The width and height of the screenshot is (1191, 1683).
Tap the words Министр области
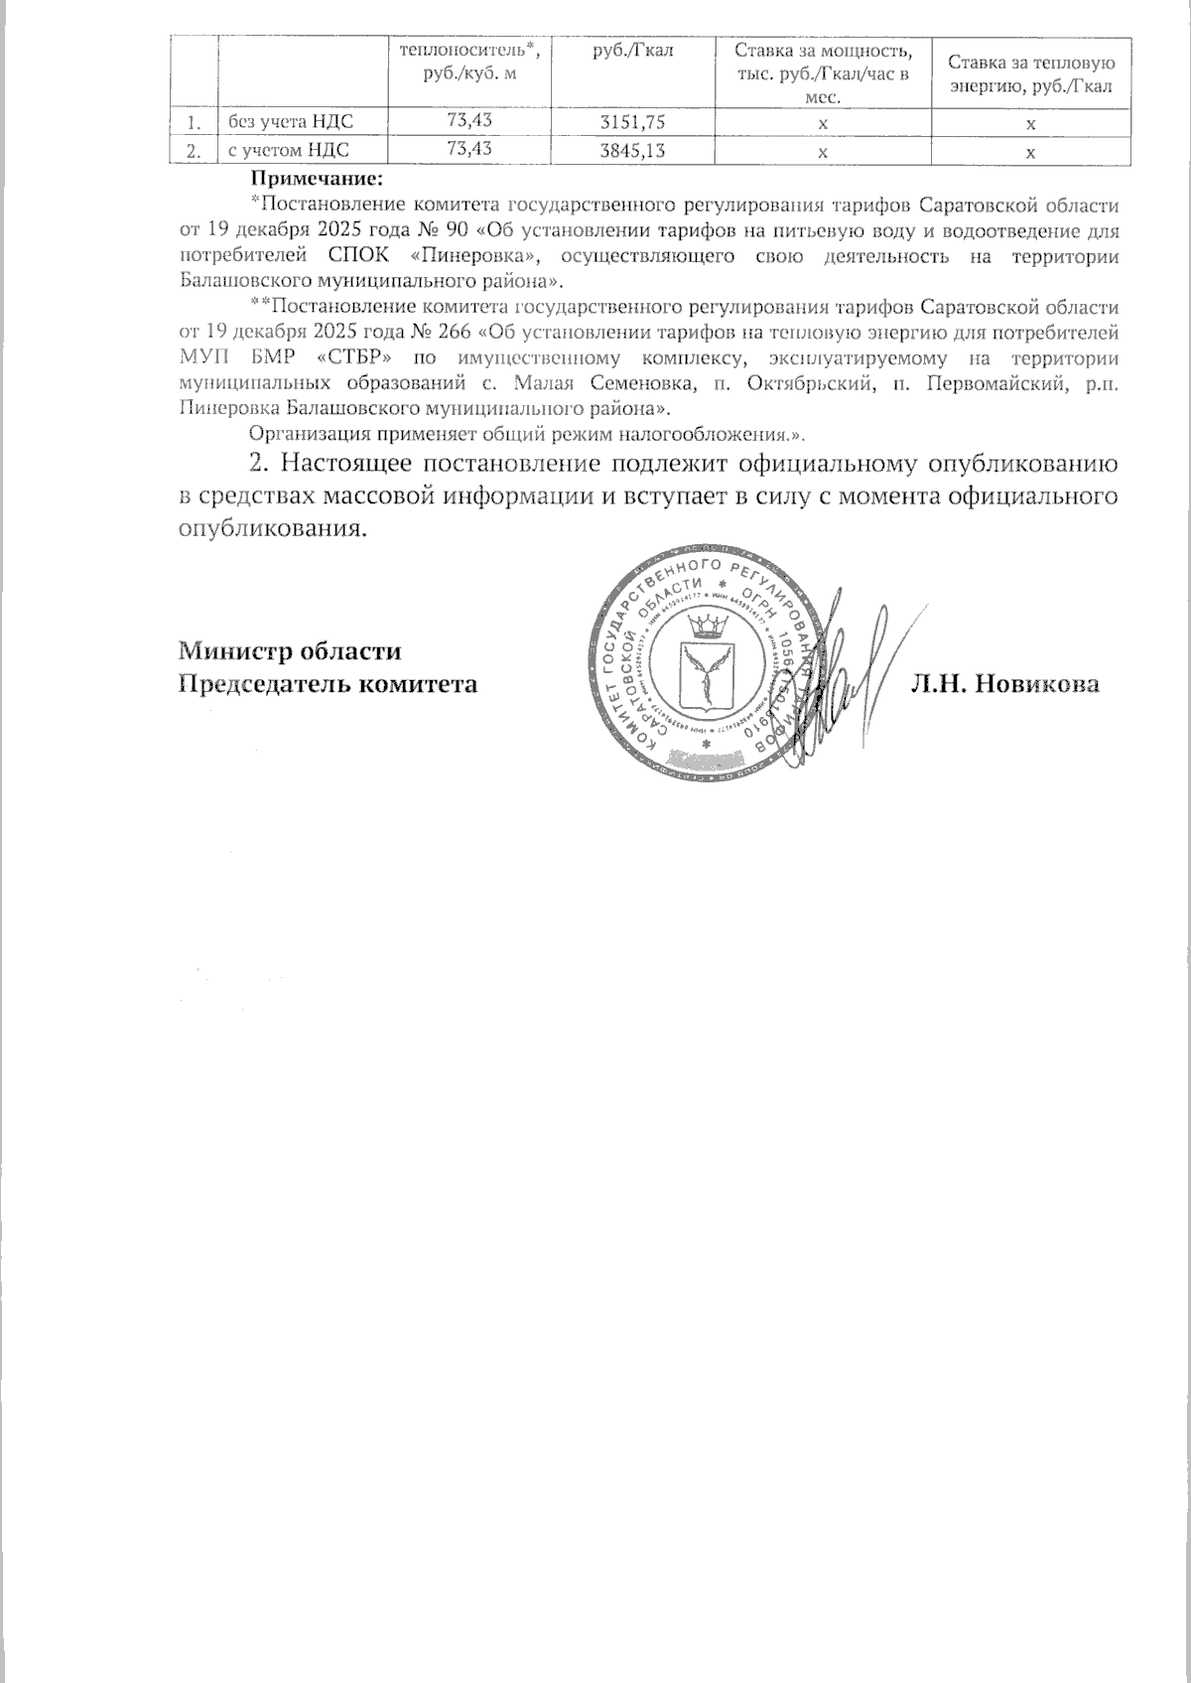pyautogui.click(x=290, y=652)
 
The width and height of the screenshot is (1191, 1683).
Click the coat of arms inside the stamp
pyautogui.click(x=707, y=663)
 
